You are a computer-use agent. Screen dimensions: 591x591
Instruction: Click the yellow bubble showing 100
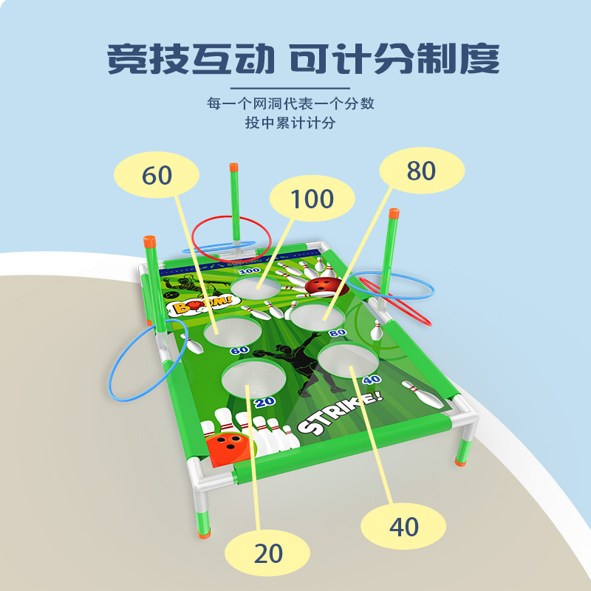point(312,199)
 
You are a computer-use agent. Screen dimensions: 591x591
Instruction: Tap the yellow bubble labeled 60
point(157,175)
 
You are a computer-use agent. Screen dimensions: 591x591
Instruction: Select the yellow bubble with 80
point(421,171)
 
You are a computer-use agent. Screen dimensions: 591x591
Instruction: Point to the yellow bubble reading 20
point(267,553)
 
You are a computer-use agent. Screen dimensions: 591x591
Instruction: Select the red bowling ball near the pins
point(322,287)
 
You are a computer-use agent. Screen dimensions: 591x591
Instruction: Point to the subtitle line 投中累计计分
point(290,123)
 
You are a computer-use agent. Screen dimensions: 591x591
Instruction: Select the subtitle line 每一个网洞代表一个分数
point(290,103)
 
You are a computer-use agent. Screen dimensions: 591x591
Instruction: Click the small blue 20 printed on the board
point(264,403)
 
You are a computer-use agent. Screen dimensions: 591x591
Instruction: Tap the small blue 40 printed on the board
point(372,379)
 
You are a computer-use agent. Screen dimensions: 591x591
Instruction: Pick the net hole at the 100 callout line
point(255,287)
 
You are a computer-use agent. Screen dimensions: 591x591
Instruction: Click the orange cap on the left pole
point(148,242)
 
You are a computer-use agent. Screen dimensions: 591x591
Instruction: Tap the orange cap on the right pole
point(394,214)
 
